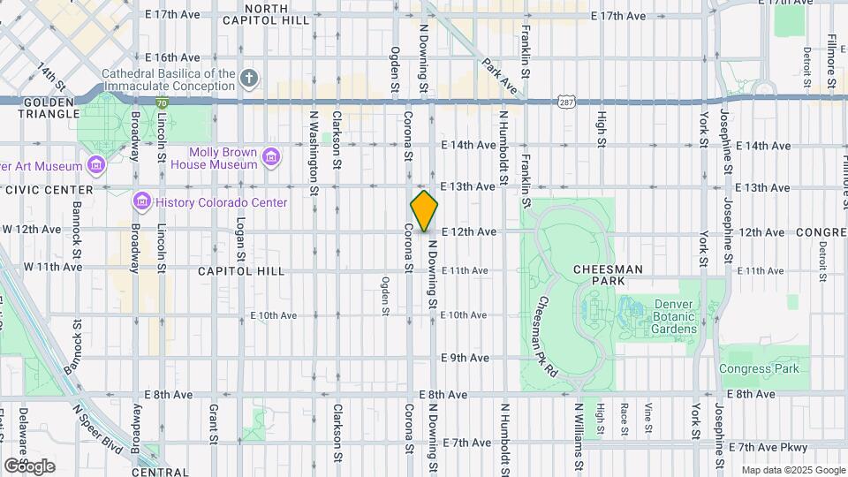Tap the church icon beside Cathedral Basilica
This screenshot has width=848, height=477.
pos(250,79)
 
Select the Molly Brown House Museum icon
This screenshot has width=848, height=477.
pos(271,157)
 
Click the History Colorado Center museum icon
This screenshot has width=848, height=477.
pos(141,202)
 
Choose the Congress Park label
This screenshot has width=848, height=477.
pos(758,368)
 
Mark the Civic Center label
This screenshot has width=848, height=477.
pos(49,190)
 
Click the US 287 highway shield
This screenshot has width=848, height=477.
pos(567,102)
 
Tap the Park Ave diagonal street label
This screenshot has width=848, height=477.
pos(499,76)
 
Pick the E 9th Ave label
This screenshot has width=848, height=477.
pos(466,358)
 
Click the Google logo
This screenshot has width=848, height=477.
pos(29,466)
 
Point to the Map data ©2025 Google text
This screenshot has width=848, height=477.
pos(792,470)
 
